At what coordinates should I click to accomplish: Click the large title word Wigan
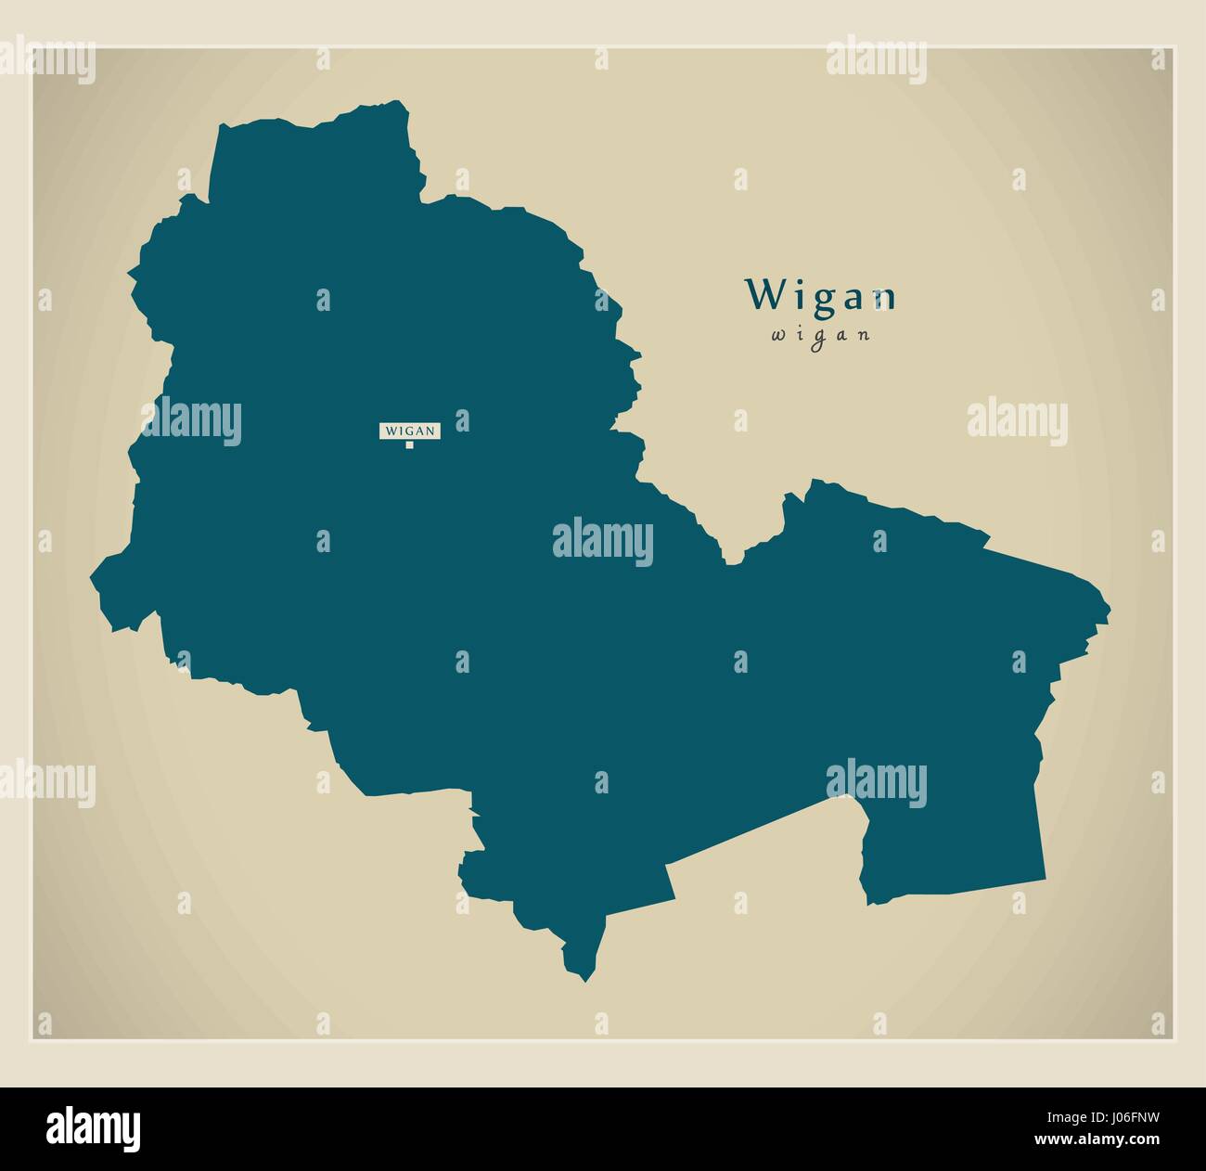(x=822, y=296)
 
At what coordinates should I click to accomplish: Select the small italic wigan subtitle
(x=821, y=336)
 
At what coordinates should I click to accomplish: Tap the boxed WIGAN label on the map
(x=410, y=430)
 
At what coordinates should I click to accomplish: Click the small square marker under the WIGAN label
(x=409, y=445)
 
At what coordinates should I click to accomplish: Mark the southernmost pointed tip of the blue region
(x=584, y=981)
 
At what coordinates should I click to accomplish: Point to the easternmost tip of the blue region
(x=1110, y=612)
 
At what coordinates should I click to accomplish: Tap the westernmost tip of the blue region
(x=91, y=577)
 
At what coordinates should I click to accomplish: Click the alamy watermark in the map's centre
(x=603, y=541)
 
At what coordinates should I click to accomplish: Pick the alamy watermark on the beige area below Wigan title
(x=1017, y=418)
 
